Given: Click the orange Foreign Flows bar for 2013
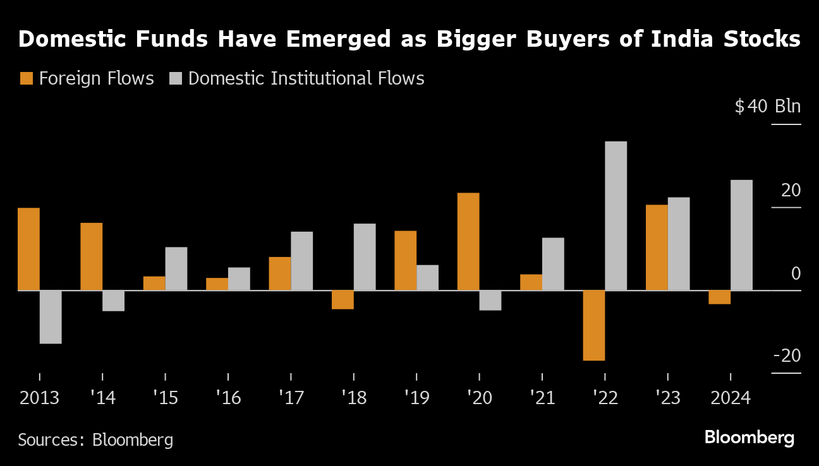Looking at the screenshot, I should click(28, 249).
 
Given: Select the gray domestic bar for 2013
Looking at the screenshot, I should click(51, 317).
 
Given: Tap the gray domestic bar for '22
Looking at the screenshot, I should click(616, 215).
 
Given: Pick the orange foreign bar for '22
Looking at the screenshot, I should click(594, 325).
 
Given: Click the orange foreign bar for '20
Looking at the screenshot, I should click(468, 241).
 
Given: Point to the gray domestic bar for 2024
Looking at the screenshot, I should click(742, 235).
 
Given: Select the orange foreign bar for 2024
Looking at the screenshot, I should click(720, 297).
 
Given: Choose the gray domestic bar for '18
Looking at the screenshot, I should click(365, 257).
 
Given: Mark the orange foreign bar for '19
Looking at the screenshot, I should click(406, 260).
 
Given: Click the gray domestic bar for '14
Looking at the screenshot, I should click(114, 301).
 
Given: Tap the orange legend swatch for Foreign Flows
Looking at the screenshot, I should click(27, 78).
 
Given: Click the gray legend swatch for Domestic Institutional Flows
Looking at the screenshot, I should click(176, 78).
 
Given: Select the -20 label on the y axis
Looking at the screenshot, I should click(787, 356).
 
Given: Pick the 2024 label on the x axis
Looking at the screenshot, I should click(730, 398).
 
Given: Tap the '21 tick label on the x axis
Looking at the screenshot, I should click(542, 398).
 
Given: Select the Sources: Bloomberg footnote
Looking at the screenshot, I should click(95, 439).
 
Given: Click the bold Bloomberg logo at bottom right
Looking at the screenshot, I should click(749, 437).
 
